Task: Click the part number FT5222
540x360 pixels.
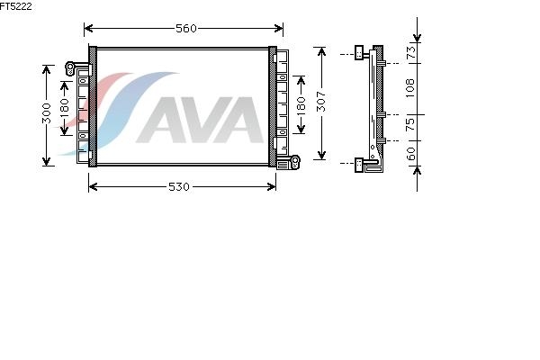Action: (x=16, y=6)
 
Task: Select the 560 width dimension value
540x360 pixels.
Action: (x=186, y=28)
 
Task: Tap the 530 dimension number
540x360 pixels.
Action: (x=179, y=186)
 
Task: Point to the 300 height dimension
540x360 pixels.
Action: (x=46, y=113)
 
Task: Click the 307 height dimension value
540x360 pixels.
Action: (x=320, y=102)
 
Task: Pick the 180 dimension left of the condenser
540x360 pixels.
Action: (x=64, y=108)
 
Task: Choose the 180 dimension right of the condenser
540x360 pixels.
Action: (x=301, y=106)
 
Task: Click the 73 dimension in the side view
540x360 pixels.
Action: (x=411, y=52)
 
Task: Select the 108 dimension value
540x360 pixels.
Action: (x=409, y=88)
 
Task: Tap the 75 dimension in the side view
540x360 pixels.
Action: (x=410, y=125)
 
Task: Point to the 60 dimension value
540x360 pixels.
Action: (x=411, y=154)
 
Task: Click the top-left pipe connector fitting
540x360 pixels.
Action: (x=70, y=68)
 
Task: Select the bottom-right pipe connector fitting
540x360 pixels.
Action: (x=295, y=162)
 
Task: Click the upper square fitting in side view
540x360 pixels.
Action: (x=359, y=52)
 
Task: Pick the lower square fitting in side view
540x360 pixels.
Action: (x=359, y=165)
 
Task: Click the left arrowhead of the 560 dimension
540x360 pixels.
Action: (x=88, y=28)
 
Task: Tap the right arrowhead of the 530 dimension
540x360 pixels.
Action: (x=272, y=186)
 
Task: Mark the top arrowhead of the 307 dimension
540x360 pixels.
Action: (x=321, y=52)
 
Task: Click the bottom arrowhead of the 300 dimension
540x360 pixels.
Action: (x=46, y=161)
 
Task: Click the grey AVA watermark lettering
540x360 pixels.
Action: (x=200, y=120)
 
